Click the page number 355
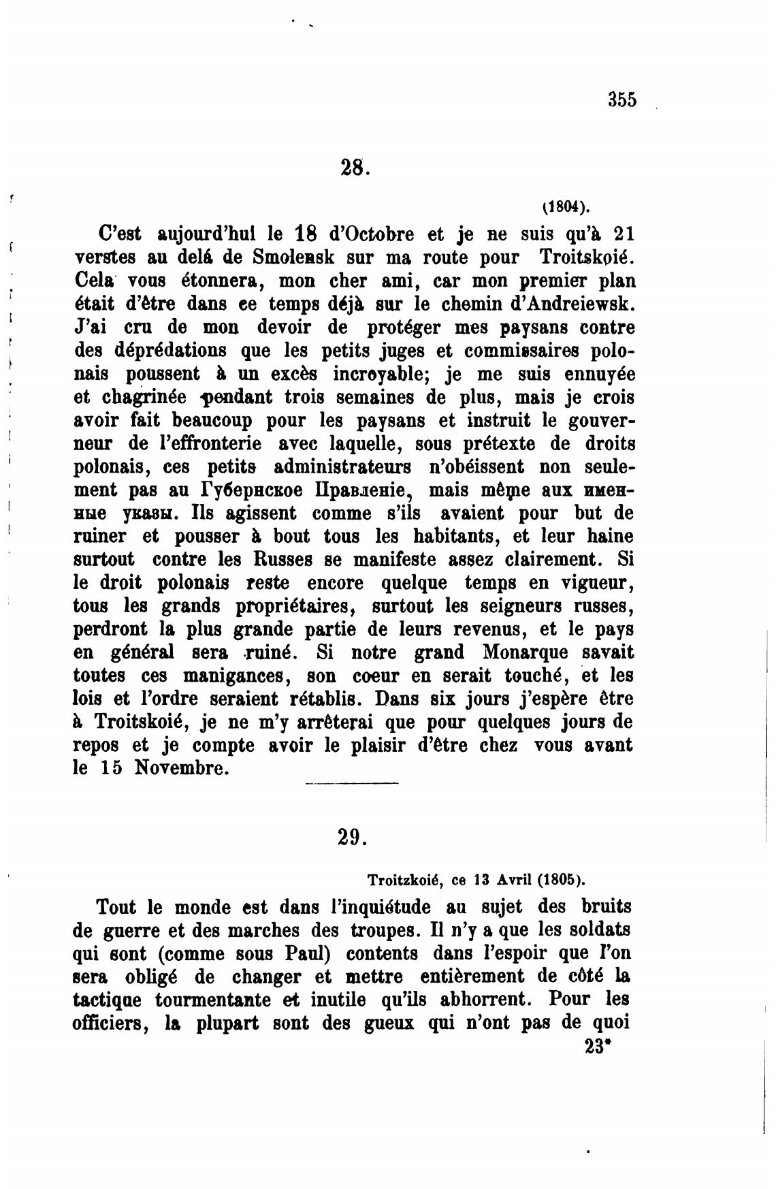(622, 100)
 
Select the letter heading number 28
(353, 166)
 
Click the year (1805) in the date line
(560, 880)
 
